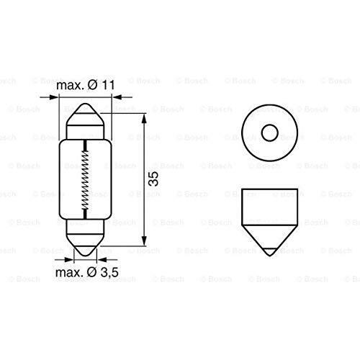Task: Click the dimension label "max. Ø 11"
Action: [86, 85]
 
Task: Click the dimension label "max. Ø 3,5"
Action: [87, 272]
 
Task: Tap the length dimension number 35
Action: [153, 179]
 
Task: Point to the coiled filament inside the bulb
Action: [85, 179]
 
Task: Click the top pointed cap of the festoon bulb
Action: [85, 114]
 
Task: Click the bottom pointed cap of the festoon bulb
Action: [85, 244]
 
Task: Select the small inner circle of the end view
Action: [270, 132]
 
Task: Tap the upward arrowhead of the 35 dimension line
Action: [144, 118]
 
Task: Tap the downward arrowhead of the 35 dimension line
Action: [144, 240]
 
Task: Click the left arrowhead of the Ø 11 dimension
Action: [53, 97]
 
